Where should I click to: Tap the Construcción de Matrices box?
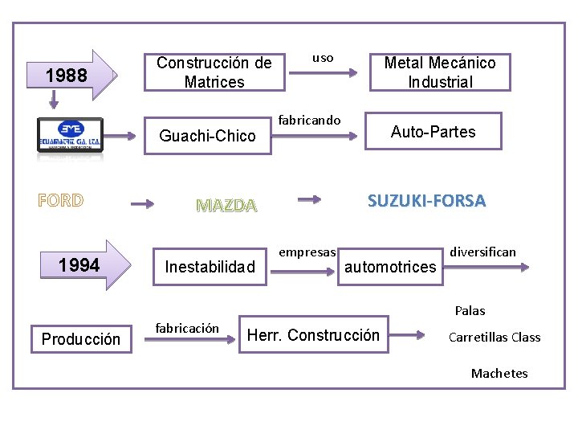point(214,72)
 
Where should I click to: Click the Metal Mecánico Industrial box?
point(439,72)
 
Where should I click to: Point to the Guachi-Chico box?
point(207,136)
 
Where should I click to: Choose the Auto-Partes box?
point(433,132)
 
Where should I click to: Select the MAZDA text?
point(227,206)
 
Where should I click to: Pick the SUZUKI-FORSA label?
point(426,201)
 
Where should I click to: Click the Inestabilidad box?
point(210,266)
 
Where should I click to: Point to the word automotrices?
point(390,267)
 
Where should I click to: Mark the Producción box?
point(80,339)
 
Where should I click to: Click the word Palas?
point(470,310)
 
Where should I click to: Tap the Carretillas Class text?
point(495,338)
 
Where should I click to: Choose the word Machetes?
point(499,373)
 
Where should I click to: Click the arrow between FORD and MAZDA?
point(142,204)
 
